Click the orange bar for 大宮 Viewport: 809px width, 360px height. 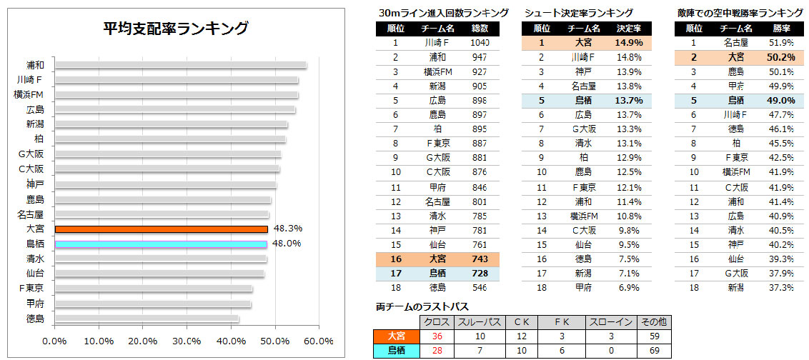[x=161, y=229]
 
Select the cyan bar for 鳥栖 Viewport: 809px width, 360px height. [x=161, y=244]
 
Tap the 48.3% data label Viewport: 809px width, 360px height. [x=287, y=229]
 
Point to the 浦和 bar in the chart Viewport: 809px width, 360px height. [x=180, y=66]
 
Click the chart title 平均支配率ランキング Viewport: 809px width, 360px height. [x=175, y=29]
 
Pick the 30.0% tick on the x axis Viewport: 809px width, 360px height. [x=187, y=341]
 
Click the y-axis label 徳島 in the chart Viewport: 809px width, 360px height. [x=34, y=319]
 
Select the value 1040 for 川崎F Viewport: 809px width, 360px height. [x=480, y=42]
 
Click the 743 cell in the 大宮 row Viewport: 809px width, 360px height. [x=480, y=259]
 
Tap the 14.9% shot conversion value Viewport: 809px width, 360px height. [x=629, y=42]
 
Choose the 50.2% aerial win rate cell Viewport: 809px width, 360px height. [x=780, y=57]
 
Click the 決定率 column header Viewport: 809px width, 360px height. [x=629, y=29]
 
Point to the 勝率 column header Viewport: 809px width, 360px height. [x=780, y=29]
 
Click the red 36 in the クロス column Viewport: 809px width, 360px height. [x=437, y=336]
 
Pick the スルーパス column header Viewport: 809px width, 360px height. [x=479, y=322]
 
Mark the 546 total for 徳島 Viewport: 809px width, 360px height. [x=480, y=288]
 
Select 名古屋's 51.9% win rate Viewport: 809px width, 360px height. [x=780, y=42]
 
